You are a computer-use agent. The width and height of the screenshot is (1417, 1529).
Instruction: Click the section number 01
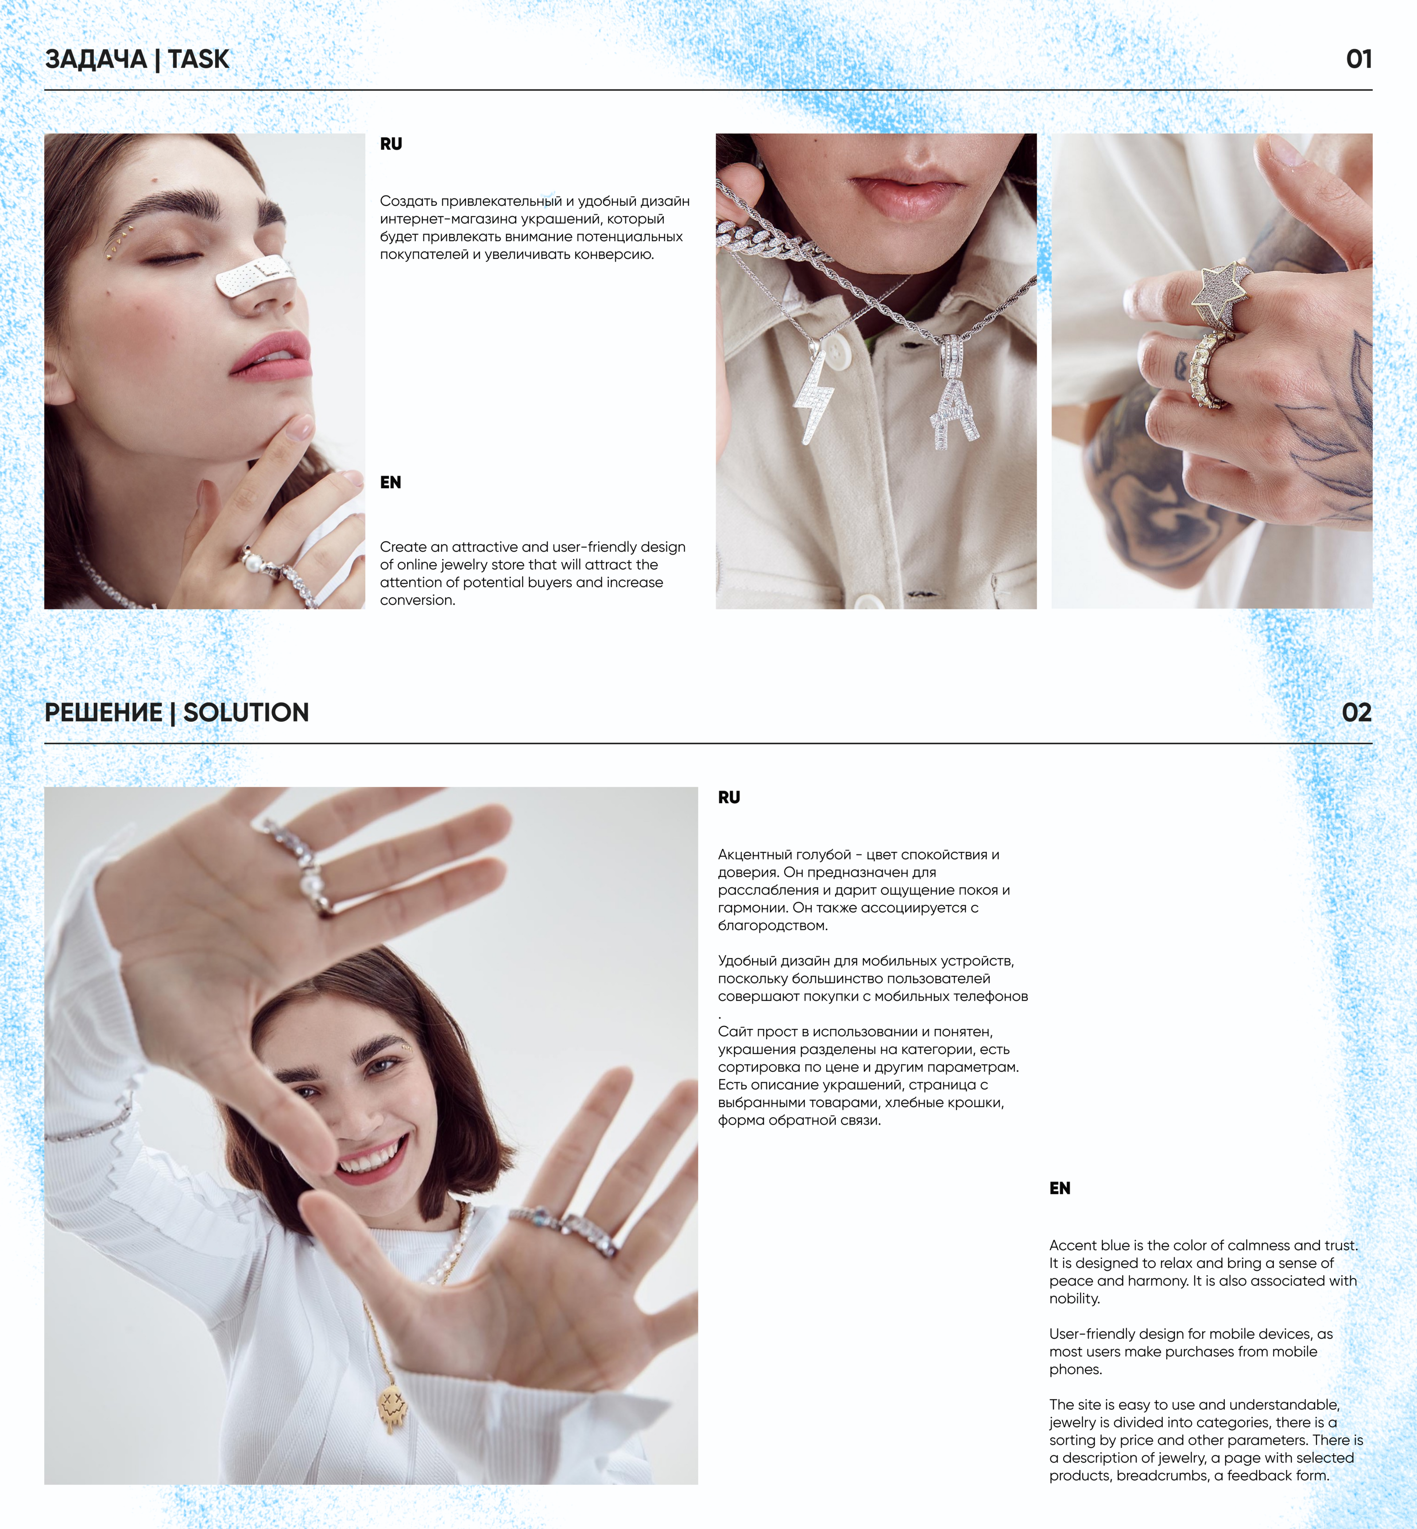[x=1359, y=59]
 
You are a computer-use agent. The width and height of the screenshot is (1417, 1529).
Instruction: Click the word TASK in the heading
[x=198, y=59]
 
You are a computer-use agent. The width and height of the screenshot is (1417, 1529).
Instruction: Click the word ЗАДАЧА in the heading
[x=96, y=59]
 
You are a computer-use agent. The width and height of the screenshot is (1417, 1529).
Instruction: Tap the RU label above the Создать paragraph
[x=391, y=144]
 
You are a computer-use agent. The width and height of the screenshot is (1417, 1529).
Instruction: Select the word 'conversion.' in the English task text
[x=418, y=600]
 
